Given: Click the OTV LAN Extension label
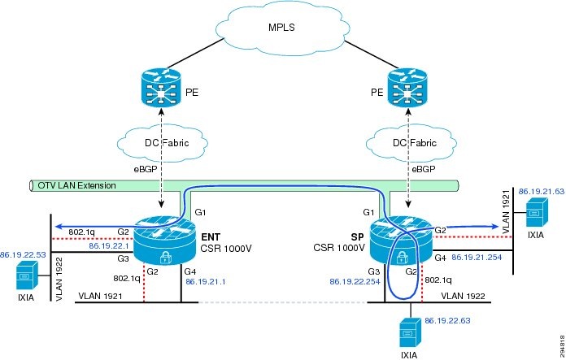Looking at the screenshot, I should tap(76, 185).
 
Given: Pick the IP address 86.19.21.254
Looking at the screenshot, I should tap(479, 257).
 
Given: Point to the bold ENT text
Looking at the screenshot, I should tap(211, 236).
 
